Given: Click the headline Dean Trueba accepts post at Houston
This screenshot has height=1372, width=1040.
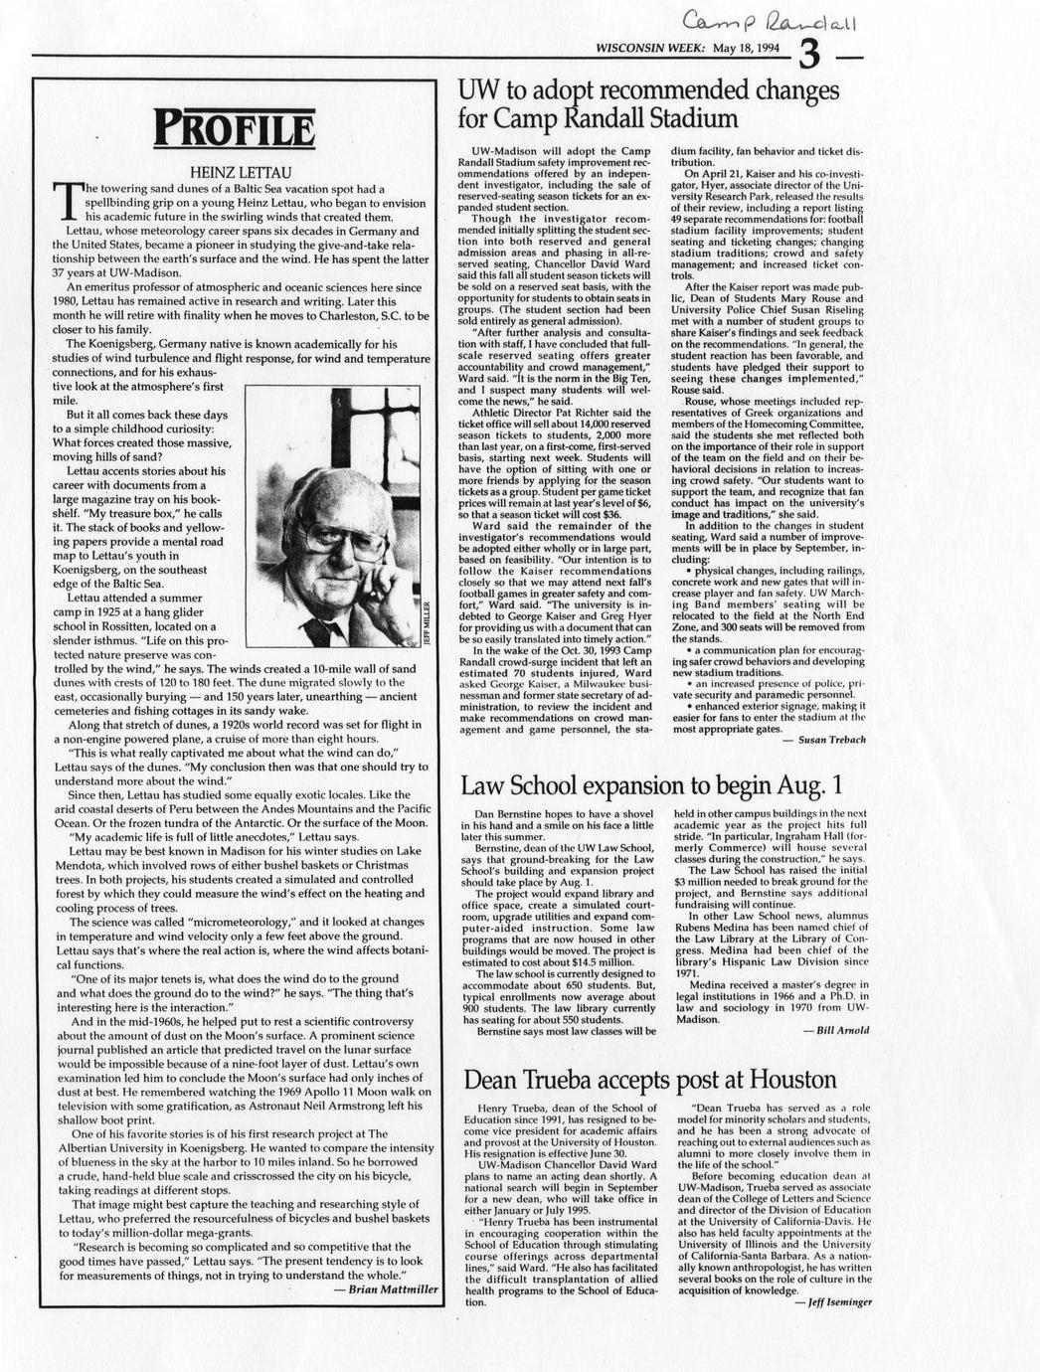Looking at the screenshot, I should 650,1079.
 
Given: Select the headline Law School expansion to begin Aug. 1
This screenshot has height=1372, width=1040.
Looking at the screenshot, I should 651,786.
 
